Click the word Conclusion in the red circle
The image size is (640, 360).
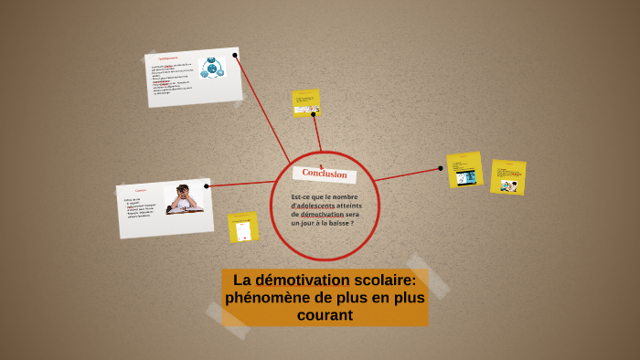click(325, 174)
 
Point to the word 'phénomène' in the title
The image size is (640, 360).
click(265, 298)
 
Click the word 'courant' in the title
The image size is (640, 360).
click(325, 316)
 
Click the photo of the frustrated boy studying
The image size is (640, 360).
click(184, 199)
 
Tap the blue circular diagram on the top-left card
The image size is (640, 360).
click(212, 68)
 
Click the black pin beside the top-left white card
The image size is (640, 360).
click(235, 56)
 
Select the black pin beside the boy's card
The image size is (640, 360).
click(207, 186)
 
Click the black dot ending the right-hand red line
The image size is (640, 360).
click(442, 167)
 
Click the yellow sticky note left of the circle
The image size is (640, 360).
click(243, 227)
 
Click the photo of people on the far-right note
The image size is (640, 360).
click(509, 184)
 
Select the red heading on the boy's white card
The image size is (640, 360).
click(141, 190)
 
